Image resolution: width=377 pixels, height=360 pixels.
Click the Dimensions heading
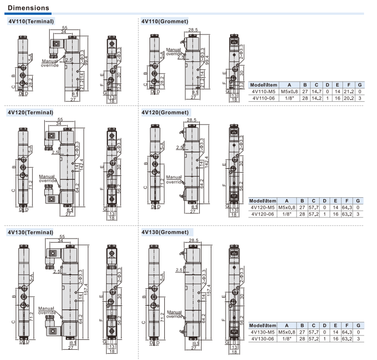pos(28,8)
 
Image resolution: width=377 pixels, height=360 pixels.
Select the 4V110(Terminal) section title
pos(31,21)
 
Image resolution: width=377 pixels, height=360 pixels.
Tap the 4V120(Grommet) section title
pos(165,113)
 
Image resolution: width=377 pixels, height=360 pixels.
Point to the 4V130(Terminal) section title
pos(30,232)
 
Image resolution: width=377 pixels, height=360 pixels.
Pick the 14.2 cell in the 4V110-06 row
pos(316,98)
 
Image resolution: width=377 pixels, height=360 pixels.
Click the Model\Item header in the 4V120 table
pos(263,201)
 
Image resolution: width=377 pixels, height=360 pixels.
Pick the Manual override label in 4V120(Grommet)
pos(174,179)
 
